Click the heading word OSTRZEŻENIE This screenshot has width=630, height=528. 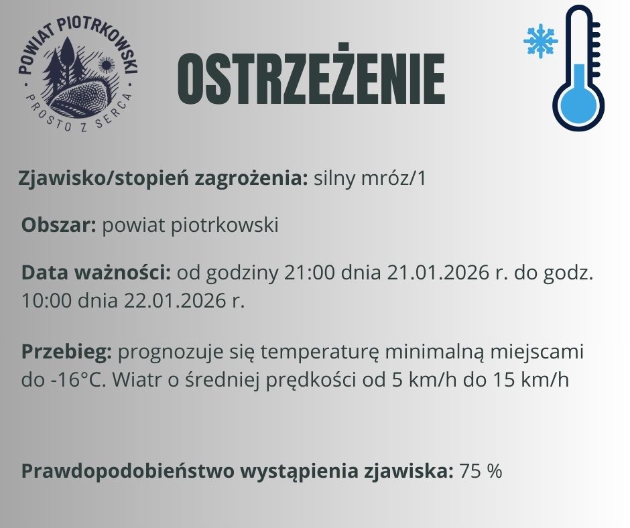click(310, 80)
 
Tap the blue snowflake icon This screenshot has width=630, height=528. click(540, 42)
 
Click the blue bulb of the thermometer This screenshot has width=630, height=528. click(578, 108)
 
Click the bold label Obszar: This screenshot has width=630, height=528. click(59, 225)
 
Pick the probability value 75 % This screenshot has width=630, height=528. click(481, 471)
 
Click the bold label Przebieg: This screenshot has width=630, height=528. click(68, 352)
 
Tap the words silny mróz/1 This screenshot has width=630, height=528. click(369, 179)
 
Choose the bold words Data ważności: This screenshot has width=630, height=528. click(97, 273)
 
